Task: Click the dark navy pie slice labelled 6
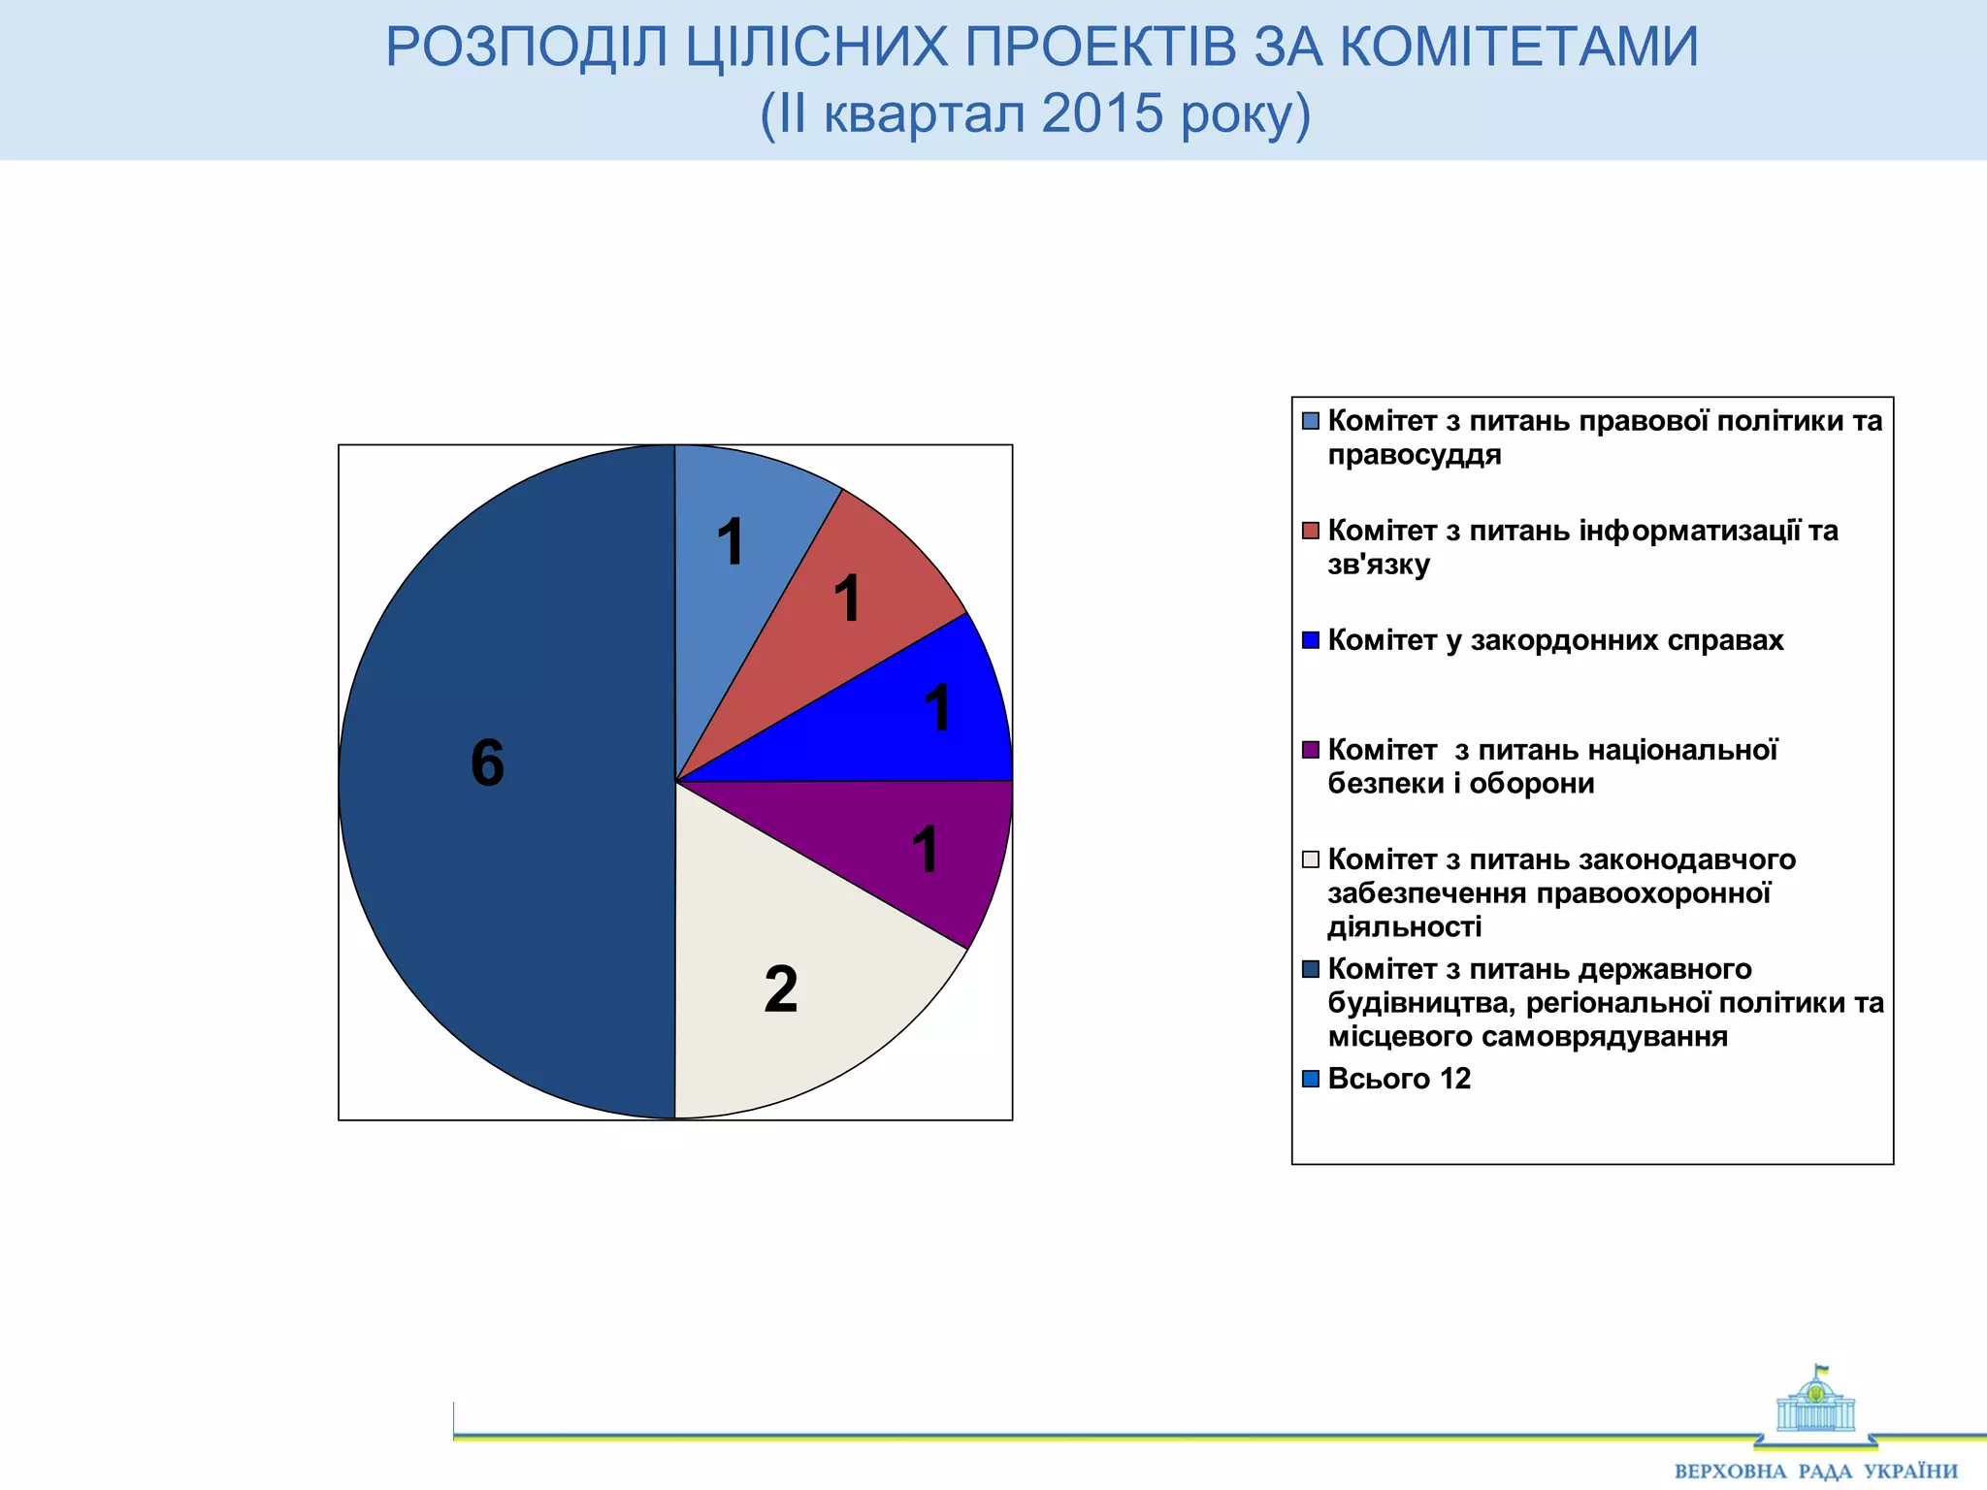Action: click(x=505, y=873)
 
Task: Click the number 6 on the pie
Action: click(x=487, y=762)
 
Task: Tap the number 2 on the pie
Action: click(x=781, y=989)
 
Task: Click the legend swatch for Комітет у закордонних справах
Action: click(x=1311, y=640)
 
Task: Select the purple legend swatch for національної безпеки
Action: click(x=1311, y=750)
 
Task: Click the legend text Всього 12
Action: click(x=1398, y=1079)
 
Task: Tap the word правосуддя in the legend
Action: click(x=1414, y=455)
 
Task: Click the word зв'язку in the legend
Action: click(x=1379, y=565)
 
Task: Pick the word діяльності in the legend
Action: click(x=1404, y=927)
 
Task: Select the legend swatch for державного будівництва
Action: click(x=1311, y=969)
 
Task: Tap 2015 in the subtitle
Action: click(x=1102, y=113)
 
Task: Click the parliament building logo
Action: click(x=1815, y=1402)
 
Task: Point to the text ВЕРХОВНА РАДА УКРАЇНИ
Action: click(x=1815, y=1472)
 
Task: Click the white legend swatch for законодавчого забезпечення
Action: click(x=1311, y=859)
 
